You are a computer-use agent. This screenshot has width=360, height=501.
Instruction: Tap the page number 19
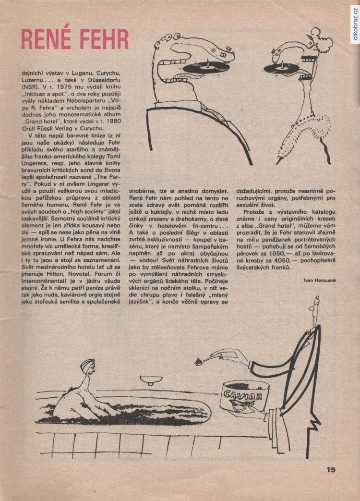point(331,470)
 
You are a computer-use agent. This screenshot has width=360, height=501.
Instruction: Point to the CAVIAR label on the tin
point(242,396)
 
